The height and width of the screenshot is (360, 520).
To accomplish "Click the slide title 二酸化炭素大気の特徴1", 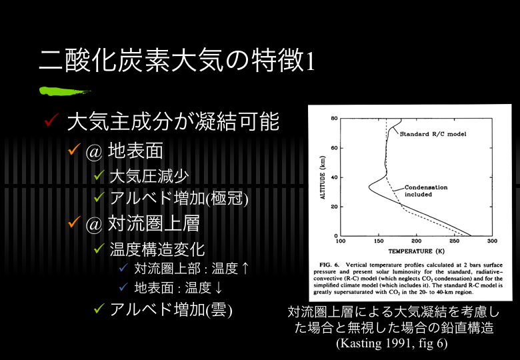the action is pos(177,60).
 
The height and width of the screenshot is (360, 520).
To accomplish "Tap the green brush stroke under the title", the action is pos(65,91).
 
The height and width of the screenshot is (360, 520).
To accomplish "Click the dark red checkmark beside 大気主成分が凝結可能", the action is pos(51,120).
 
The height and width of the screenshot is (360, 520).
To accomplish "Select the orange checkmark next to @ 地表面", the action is pos(74,149).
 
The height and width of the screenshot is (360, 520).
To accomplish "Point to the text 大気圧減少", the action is pos(149,176).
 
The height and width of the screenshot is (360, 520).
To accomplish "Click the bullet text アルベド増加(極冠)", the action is pos(179,198).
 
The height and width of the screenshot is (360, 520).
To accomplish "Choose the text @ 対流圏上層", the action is pos(143,223).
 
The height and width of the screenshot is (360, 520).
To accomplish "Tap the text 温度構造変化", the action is pos(157,249).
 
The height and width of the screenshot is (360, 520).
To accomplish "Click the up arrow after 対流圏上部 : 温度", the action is pos(245,269).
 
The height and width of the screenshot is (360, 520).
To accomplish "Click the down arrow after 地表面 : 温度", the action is pos(218,288).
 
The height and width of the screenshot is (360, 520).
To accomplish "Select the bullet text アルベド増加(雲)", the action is pos(171,310).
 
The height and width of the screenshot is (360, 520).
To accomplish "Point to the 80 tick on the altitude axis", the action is pos(334,119).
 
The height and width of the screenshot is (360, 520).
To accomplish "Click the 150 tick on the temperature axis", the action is pos(379,241).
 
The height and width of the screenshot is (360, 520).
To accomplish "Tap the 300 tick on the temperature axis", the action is pos(492,241).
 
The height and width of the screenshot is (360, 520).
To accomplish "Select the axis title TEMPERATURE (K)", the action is pos(416,251).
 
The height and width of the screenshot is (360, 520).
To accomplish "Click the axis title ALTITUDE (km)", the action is pos(323,177).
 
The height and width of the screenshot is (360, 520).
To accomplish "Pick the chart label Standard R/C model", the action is pos(433,134).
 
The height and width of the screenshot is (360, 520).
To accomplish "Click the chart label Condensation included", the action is pos(426,191).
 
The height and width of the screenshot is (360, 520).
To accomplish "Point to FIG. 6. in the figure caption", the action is pos(329,265).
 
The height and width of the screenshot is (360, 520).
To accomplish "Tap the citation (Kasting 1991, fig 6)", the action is pos(391,343).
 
